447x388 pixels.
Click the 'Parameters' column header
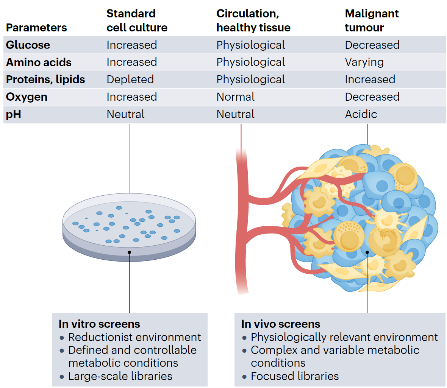point(36,28)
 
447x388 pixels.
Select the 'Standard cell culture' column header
point(137,20)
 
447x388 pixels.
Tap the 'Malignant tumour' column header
point(371,20)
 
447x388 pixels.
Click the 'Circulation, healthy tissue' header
point(253,20)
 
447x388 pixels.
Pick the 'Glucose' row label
point(28,45)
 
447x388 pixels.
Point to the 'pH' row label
point(14,114)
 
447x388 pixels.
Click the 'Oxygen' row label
point(27,97)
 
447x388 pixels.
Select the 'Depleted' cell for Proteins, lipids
point(130,79)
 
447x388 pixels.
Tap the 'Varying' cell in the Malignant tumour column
point(364,62)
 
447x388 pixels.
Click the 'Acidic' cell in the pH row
point(361,114)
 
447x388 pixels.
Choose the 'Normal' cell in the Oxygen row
point(235,97)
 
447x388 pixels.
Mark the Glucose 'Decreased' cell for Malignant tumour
point(372,45)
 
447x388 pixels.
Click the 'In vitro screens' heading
point(99,324)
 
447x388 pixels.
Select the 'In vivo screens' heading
point(280,324)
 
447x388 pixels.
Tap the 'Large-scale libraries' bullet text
point(120,376)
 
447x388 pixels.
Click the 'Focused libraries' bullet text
point(295,376)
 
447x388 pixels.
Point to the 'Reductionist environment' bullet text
point(134,337)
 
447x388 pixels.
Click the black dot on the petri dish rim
point(129,252)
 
